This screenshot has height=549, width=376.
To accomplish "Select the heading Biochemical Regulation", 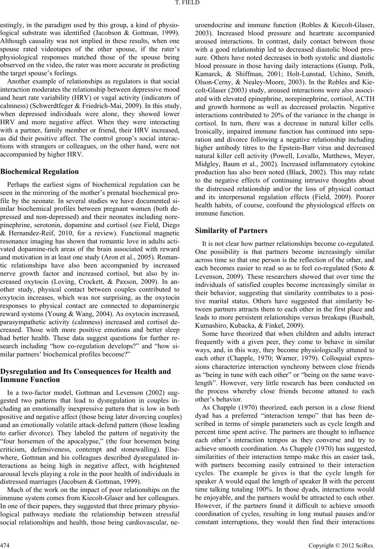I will click(x=39, y=171).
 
